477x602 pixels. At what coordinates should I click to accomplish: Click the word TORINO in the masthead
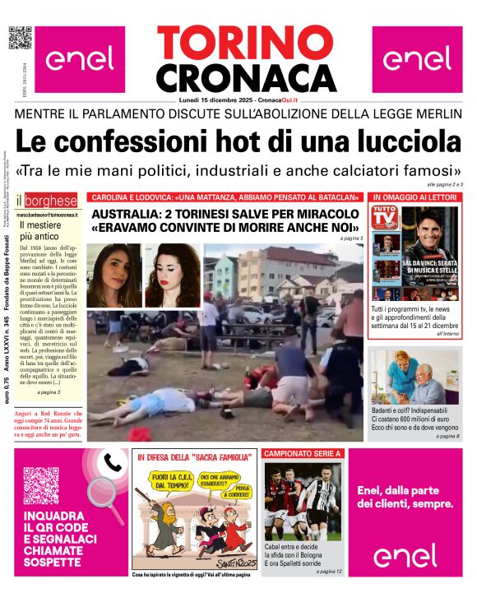pos(245,43)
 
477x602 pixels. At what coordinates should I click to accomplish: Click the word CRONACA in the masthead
pos(246,76)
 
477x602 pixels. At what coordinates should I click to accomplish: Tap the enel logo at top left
pos(80,59)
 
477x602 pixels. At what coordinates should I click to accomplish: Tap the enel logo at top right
pos(417,59)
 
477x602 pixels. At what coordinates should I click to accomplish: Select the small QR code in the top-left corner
pos(20,39)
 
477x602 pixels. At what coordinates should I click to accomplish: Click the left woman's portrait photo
pos(114,275)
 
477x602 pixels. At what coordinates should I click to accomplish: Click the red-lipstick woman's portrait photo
pos(173,275)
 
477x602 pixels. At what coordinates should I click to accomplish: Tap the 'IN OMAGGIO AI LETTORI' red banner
pos(416,197)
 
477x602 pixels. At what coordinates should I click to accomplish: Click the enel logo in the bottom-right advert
pos(405,556)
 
